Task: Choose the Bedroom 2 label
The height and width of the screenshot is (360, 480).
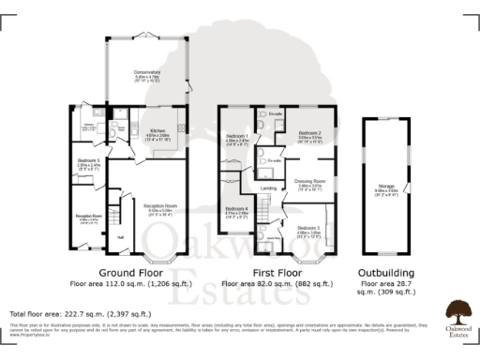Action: click(310, 133)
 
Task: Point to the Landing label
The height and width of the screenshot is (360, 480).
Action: click(268, 188)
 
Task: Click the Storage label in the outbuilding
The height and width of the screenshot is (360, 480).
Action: click(384, 187)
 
